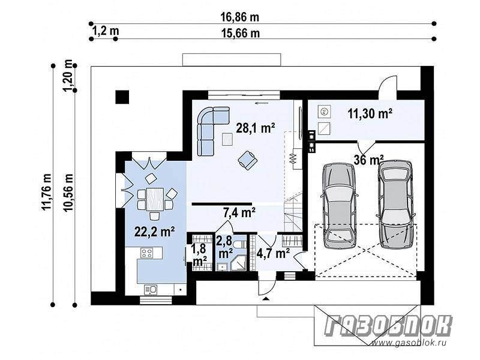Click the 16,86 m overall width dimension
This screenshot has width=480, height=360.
point(239,17)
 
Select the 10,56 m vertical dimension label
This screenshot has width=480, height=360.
point(68,191)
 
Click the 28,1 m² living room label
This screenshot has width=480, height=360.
point(255,128)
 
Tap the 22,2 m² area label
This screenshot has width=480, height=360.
point(155,232)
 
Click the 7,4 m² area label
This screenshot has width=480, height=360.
point(239,212)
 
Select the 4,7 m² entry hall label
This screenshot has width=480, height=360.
point(273,253)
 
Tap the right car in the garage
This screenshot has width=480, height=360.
point(395,204)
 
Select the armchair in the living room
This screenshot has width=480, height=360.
point(248,160)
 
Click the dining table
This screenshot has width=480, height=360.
point(155,199)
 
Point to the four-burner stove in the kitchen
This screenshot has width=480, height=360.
point(146,253)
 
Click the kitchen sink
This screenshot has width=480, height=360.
point(151,289)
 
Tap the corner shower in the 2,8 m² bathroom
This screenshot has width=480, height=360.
point(238,263)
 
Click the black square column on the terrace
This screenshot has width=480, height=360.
point(122,97)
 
